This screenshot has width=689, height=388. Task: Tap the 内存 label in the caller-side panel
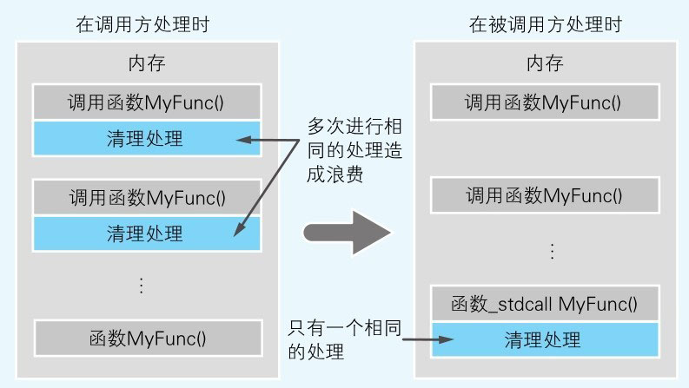146,63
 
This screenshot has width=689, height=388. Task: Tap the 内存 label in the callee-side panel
545,63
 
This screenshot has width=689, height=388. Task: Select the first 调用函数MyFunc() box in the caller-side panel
146,102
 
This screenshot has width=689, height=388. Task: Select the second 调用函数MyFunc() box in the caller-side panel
146,197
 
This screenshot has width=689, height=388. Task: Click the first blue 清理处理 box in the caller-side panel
146,137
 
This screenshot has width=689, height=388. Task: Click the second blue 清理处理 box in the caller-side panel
146,233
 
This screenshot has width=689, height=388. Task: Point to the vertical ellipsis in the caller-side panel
144,284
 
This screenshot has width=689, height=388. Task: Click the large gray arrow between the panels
345,233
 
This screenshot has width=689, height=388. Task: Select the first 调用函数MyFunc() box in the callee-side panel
544,102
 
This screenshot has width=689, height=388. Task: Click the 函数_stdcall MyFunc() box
544,304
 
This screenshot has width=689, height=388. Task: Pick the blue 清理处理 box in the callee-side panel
544,339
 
